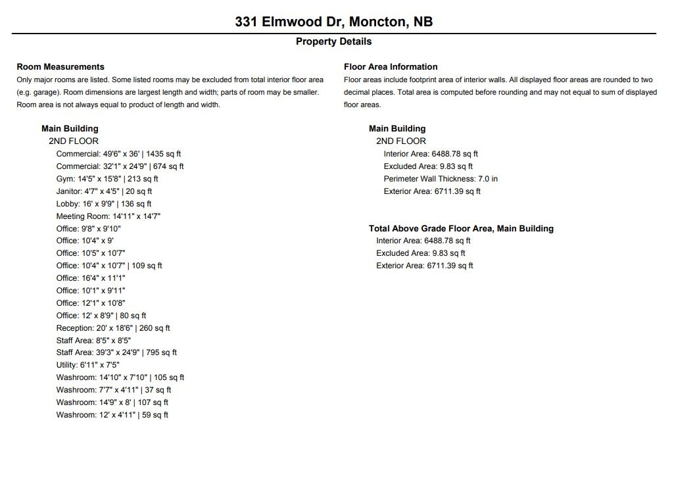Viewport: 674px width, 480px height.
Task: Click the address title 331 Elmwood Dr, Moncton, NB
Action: click(334, 22)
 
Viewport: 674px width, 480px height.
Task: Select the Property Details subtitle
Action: click(333, 41)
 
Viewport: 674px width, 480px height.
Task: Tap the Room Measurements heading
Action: click(60, 66)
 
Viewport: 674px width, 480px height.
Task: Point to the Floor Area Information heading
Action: click(391, 66)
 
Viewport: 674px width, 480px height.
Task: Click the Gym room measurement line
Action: click(107, 179)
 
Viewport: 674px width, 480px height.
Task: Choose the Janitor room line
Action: click(104, 191)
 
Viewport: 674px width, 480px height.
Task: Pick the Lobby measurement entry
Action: click(104, 204)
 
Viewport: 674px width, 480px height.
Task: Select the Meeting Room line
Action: click(108, 216)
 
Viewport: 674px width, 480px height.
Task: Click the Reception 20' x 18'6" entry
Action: click(113, 328)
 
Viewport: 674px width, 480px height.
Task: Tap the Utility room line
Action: click(88, 365)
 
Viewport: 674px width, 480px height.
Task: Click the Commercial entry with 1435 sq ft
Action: click(118, 154)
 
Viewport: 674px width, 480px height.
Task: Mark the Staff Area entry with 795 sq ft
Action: click(116, 352)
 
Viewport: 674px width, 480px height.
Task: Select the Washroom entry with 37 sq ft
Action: click(114, 390)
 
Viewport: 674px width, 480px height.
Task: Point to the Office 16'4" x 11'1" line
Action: click(91, 278)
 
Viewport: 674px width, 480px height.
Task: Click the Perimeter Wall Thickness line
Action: click(441, 179)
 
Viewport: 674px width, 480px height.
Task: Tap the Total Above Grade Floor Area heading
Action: click(461, 229)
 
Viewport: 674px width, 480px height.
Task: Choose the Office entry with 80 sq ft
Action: click(101, 316)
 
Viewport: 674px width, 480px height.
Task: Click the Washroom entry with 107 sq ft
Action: click(112, 402)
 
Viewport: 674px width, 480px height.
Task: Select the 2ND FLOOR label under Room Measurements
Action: click(74, 141)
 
